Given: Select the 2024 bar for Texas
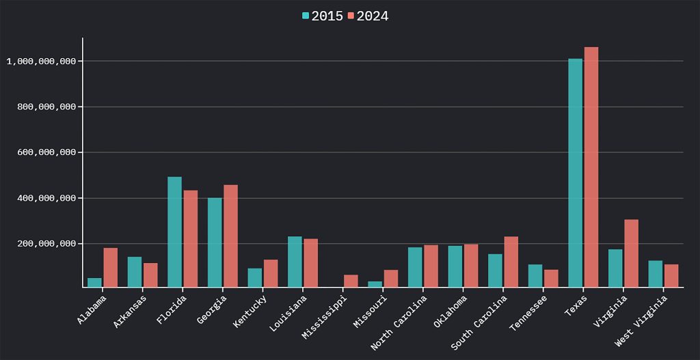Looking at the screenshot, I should pyautogui.click(x=591, y=167).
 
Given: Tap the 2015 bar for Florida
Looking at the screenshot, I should pyautogui.click(x=174, y=232).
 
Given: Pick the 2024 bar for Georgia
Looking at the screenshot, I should pyautogui.click(x=230, y=236).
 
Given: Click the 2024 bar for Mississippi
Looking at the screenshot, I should pyautogui.click(x=351, y=281).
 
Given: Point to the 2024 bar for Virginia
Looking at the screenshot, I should pyautogui.click(x=631, y=253).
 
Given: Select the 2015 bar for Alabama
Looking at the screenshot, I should pyautogui.click(x=94, y=283).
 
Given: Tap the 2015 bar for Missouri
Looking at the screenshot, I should pyautogui.click(x=375, y=284).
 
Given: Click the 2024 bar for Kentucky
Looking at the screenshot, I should pyautogui.click(x=271, y=273).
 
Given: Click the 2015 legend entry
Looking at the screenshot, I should pyautogui.click(x=323, y=16).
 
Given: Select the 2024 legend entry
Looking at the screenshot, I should pyautogui.click(x=368, y=16).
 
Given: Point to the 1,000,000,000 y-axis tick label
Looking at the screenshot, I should pyautogui.click(x=40, y=61).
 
